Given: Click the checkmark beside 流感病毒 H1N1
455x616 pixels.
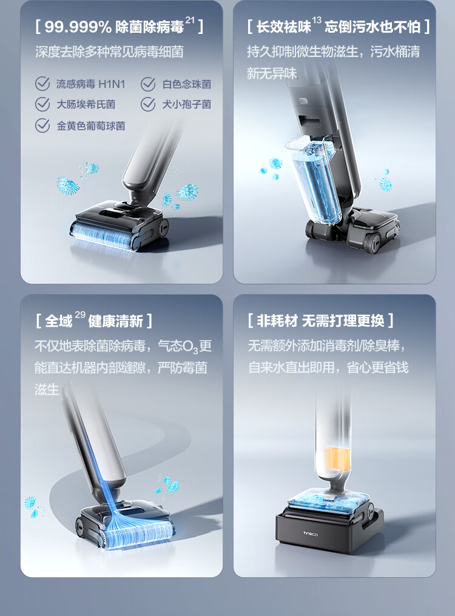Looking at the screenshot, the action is coord(42,84).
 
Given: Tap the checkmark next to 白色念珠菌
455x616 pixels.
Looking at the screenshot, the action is coord(148,84).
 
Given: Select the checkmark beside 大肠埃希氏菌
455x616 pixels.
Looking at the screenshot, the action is coord(42,104).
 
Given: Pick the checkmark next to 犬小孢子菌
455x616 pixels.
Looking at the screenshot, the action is coord(148,104).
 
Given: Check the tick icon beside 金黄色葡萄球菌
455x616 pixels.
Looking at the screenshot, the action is coord(42,126).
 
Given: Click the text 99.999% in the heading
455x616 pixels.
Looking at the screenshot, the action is coord(78,27).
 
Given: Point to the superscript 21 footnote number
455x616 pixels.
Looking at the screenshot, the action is coord(190,20).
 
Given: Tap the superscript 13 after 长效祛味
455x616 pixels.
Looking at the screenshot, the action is coord(317,19).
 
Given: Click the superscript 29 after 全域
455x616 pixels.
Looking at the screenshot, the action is coord(80,314).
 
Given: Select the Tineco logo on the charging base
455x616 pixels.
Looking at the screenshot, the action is coord(311,534).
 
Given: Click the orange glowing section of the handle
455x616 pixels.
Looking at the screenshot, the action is coord(337,459).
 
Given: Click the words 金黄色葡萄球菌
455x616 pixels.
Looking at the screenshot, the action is coord(91,126).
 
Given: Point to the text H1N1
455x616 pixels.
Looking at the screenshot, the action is coord(112,84).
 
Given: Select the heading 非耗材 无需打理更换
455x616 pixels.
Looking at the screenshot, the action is coord(320,321).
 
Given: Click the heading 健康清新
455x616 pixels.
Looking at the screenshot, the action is coord(115,321).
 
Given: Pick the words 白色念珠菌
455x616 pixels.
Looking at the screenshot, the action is coord(187,84).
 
